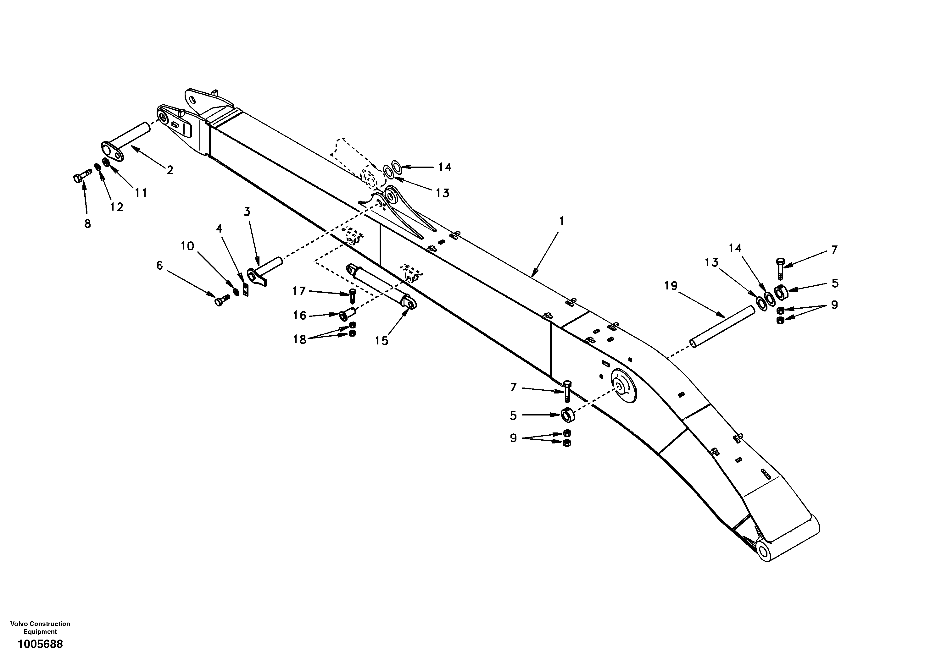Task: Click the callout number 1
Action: pyautogui.click(x=561, y=221)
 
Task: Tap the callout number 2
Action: pyautogui.click(x=170, y=170)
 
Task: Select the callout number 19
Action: pyautogui.click(x=671, y=286)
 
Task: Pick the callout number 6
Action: pyautogui.click(x=159, y=266)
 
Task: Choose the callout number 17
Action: pyautogui.click(x=299, y=291)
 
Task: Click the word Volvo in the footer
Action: pyautogui.click(x=18, y=624)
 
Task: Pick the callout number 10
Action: pyautogui.click(x=187, y=246)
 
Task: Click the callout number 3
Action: pyautogui.click(x=247, y=212)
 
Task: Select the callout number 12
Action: pyautogui.click(x=117, y=207)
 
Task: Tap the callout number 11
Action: pyautogui.click(x=141, y=193)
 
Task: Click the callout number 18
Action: pyautogui.click(x=300, y=339)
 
